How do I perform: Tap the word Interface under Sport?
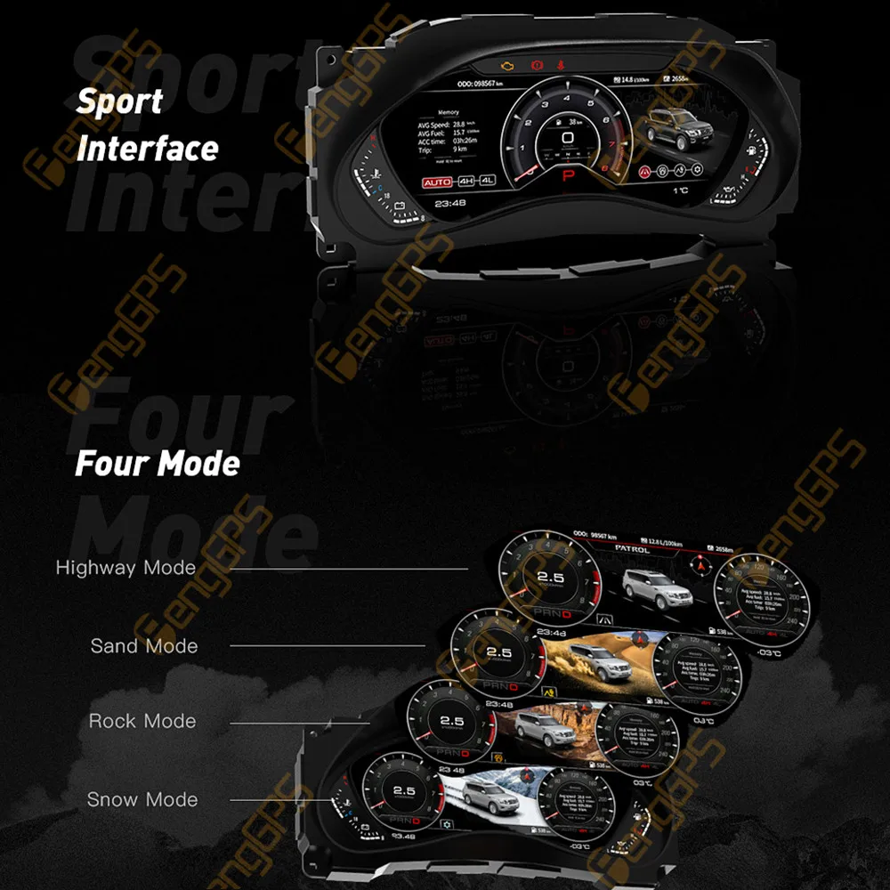147,148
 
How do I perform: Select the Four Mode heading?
158,463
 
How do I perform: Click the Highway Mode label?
125,567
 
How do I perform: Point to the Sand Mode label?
144,645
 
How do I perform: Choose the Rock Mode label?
142,721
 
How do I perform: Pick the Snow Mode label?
142,799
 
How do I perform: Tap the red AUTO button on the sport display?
437,182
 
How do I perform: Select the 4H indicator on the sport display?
466,182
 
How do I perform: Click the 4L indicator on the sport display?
487,182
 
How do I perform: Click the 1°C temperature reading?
681,190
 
